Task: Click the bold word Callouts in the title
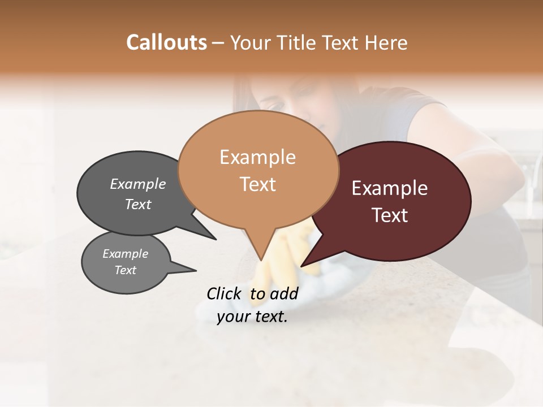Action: click(x=166, y=42)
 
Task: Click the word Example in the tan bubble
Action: click(x=257, y=157)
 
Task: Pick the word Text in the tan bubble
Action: click(x=257, y=184)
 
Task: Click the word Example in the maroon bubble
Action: click(x=390, y=188)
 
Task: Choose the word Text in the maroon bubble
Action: click(x=390, y=215)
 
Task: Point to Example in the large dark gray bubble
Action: click(x=137, y=184)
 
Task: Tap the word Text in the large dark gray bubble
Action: click(x=137, y=204)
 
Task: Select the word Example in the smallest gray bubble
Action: click(x=125, y=254)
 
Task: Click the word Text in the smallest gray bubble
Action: click(x=125, y=270)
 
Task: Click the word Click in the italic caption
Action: click(x=225, y=293)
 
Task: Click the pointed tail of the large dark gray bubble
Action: click(x=216, y=239)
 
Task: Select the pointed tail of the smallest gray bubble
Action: click(x=196, y=271)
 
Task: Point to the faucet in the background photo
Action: click(x=532, y=181)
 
